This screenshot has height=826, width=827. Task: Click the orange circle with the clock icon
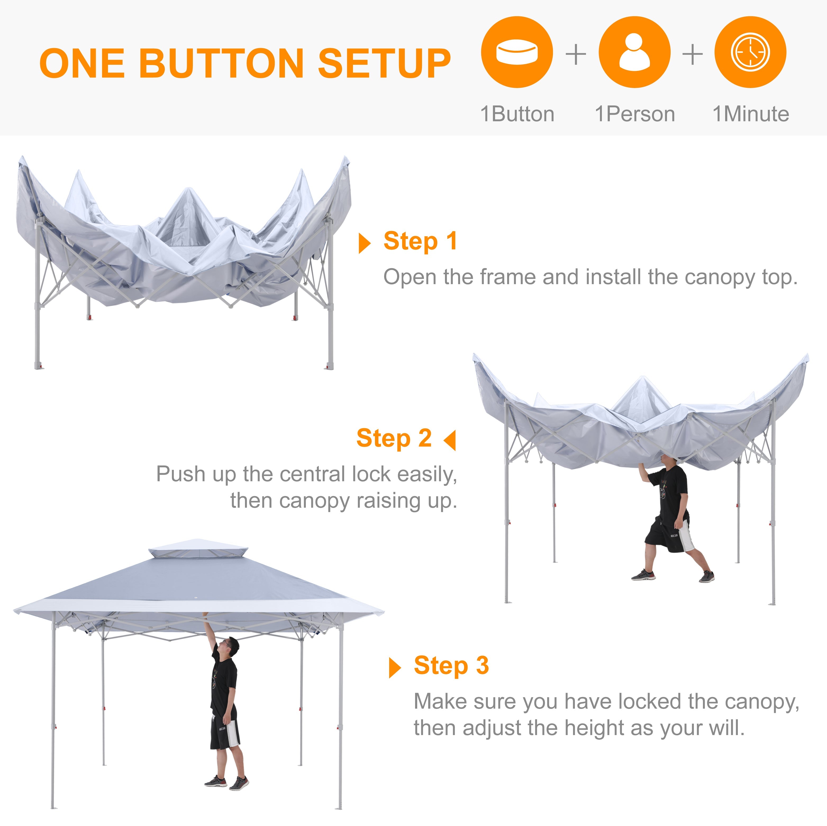point(750,52)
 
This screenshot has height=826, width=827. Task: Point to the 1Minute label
point(750,114)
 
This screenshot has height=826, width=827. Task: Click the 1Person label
point(635,114)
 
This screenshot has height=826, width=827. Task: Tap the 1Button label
point(517,114)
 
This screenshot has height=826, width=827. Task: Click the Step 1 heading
point(420,241)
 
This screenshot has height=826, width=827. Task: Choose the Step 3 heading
point(451,666)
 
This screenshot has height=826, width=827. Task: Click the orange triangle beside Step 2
point(450,440)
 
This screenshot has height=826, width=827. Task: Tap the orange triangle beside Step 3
point(394,668)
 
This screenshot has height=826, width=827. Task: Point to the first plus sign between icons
point(576,54)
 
